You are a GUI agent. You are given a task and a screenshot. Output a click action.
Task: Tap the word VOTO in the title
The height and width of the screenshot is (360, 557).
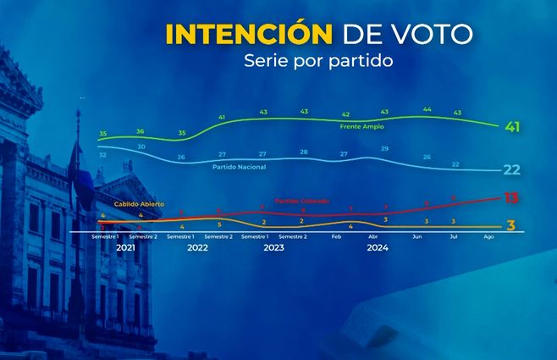(x=430, y=35)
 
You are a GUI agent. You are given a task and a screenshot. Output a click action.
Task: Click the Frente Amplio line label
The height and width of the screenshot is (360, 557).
(x=361, y=126)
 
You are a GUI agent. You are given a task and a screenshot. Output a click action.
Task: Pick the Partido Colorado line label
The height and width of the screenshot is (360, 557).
(x=302, y=201)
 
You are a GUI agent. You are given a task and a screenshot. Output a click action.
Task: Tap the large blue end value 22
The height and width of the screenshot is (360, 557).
(x=511, y=169)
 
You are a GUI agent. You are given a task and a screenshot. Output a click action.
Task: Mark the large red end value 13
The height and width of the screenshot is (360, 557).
(x=511, y=198)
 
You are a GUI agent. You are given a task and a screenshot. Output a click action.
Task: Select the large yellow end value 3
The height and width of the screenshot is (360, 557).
(x=511, y=224)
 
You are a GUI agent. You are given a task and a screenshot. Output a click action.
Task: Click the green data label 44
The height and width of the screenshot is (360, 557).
(x=427, y=109)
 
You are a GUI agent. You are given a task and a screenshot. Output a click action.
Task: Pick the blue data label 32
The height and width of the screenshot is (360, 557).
(x=102, y=155)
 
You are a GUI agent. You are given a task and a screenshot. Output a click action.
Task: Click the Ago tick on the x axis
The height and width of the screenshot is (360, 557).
(x=488, y=237)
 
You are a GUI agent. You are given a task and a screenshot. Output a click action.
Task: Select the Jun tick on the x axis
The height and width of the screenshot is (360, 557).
(x=416, y=237)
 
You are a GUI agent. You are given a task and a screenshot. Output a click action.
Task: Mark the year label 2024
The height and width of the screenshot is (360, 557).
(x=378, y=248)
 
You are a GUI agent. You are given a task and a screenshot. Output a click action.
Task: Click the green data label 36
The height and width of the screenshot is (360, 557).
(x=141, y=131)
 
